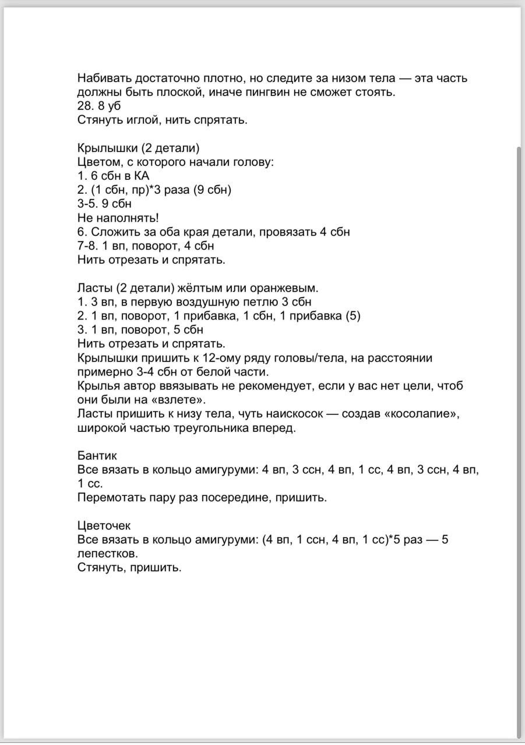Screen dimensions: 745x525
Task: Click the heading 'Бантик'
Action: click(x=97, y=455)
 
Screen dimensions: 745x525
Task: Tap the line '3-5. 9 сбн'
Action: click(x=104, y=204)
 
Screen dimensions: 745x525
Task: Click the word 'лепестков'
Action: click(x=107, y=554)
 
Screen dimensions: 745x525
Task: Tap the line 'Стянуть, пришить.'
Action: click(x=129, y=567)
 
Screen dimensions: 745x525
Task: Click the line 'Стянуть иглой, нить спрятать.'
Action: click(x=163, y=120)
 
